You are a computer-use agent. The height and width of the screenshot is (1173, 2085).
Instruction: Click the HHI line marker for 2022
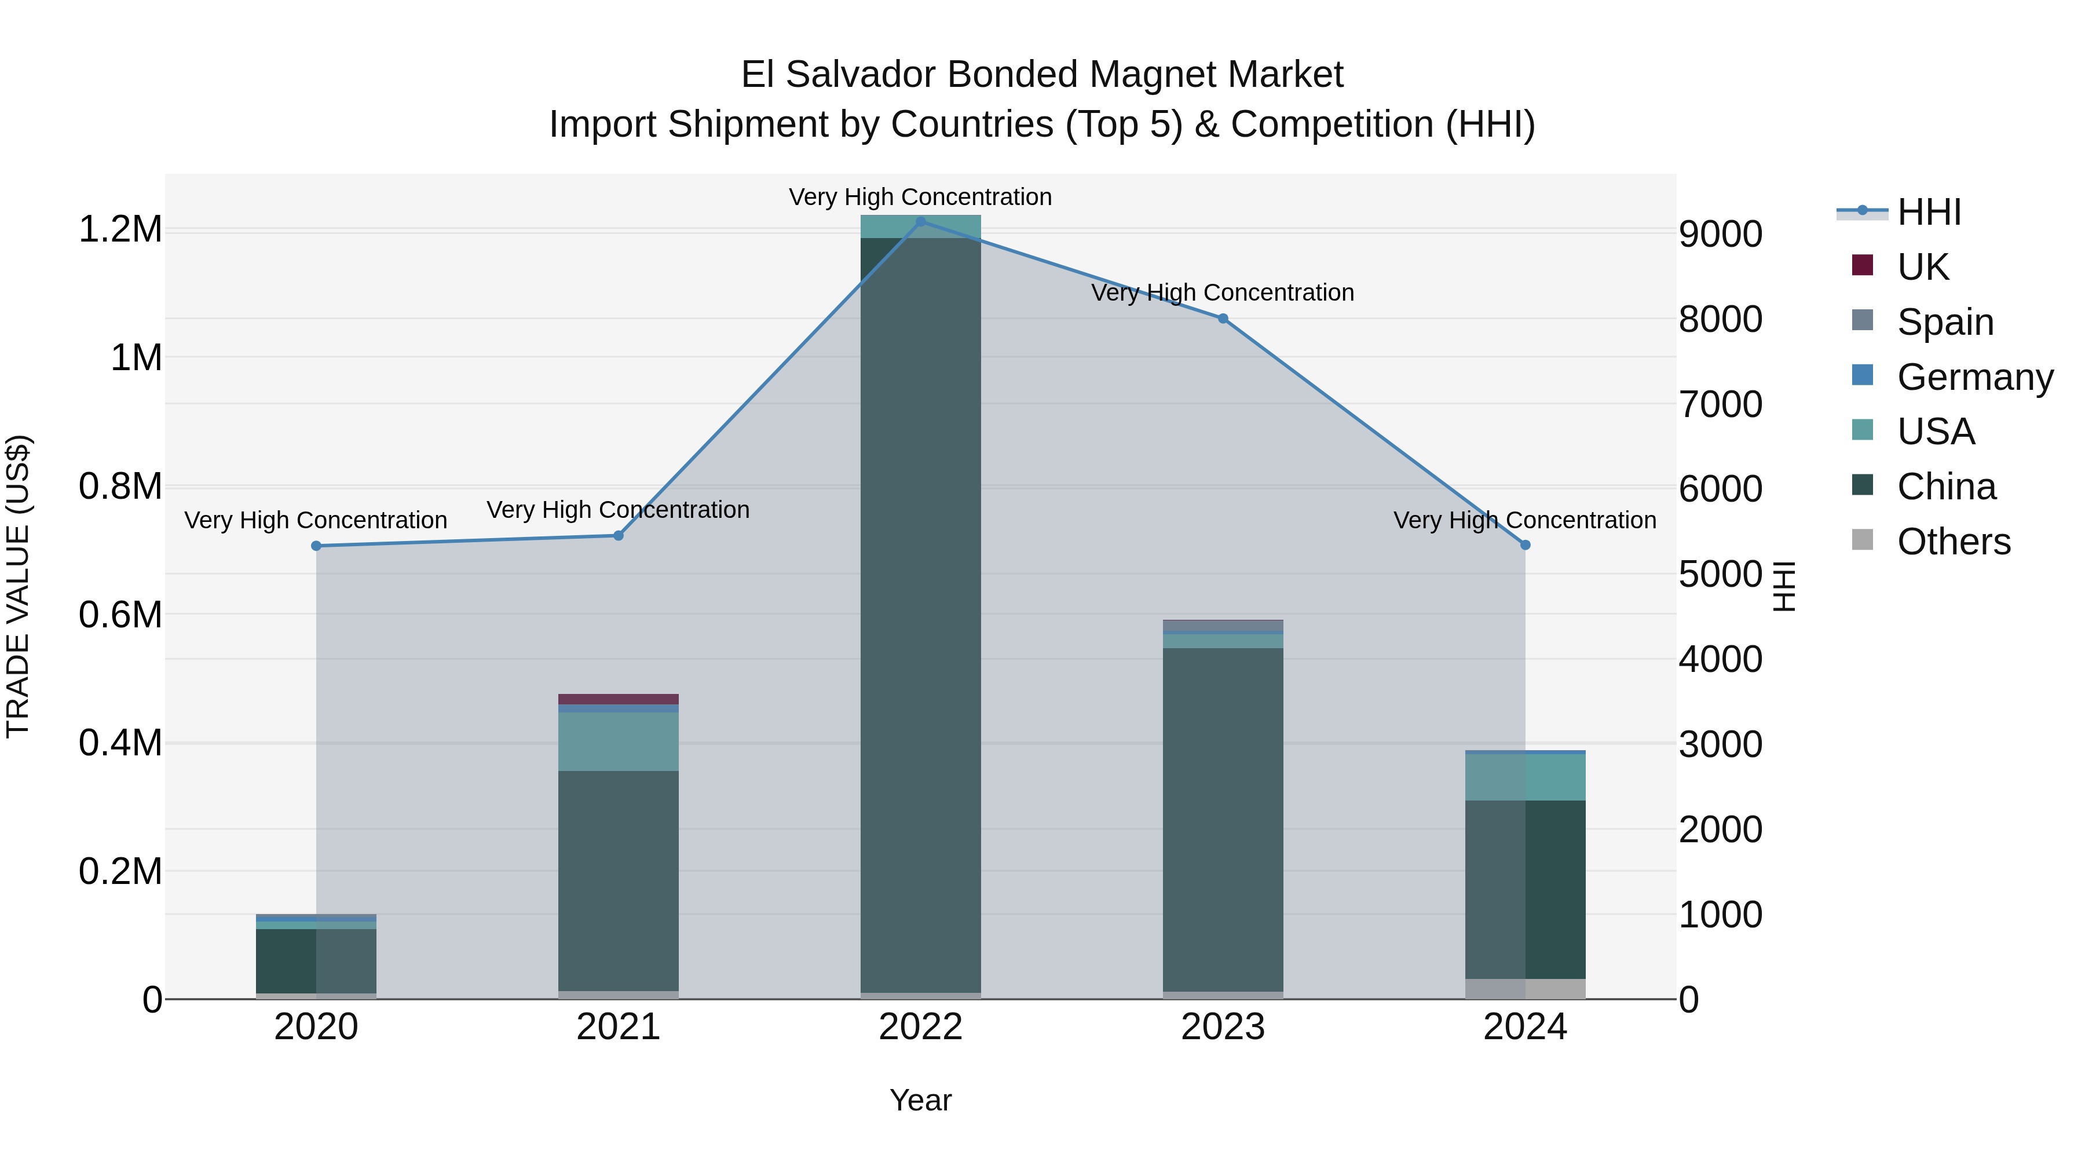[920, 222]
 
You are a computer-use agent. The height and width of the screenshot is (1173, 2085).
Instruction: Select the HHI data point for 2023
[1223, 318]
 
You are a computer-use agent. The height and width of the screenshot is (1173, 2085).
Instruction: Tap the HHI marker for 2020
[316, 546]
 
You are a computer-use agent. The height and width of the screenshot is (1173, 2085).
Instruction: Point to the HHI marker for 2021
[619, 536]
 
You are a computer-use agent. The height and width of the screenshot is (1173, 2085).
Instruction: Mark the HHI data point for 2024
[1525, 546]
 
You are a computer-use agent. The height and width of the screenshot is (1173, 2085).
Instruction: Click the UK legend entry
[1922, 266]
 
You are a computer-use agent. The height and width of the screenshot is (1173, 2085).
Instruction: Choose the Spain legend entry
[1944, 321]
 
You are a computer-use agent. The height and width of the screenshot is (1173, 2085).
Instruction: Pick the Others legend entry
[1952, 542]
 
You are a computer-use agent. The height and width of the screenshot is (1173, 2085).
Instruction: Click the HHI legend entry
[1928, 212]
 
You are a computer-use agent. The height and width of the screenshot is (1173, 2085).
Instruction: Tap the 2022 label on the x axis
[920, 1027]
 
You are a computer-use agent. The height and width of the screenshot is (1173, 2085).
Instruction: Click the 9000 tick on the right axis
[1720, 235]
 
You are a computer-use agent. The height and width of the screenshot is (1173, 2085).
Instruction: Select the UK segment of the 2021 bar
[619, 699]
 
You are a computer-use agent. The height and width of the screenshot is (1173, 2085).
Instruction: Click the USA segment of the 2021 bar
[619, 741]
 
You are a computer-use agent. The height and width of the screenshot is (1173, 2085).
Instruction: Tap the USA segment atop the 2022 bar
[920, 226]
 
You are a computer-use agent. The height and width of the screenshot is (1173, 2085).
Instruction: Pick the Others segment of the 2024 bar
[1525, 988]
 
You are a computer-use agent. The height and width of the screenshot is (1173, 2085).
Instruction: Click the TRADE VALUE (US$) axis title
[18, 586]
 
